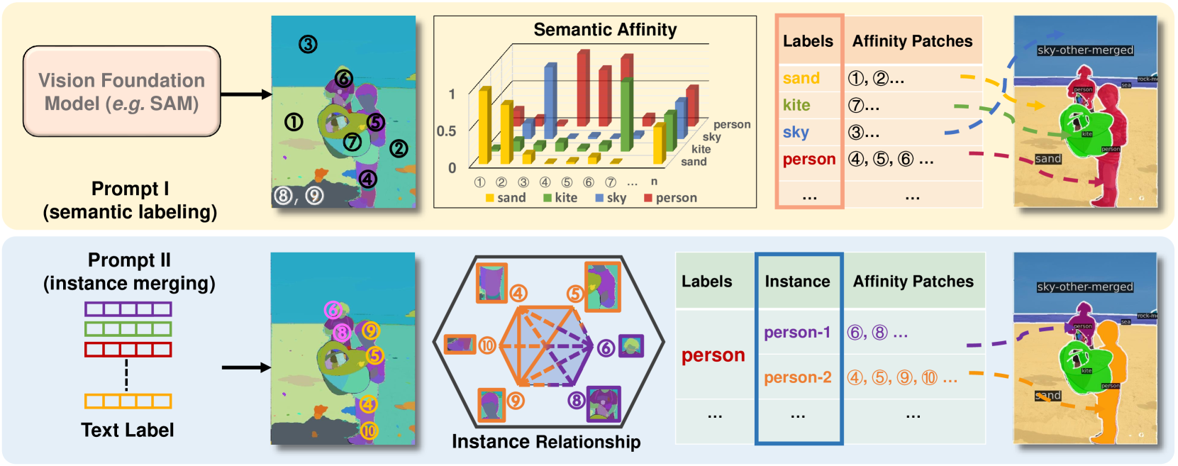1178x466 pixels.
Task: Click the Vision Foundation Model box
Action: coord(121,91)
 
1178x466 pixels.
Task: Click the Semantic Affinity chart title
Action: coord(605,30)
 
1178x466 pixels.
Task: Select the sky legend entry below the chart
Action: coord(611,198)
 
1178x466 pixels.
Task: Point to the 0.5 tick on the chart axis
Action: coord(446,131)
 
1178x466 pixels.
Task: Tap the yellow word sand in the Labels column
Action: coord(801,78)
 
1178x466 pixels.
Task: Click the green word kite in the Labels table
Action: coord(796,105)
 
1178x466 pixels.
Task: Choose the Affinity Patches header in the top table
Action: coord(912,41)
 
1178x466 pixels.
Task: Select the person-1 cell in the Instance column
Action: coord(797,332)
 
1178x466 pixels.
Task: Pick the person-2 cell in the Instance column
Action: coord(797,377)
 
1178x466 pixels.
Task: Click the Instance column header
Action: coord(797,282)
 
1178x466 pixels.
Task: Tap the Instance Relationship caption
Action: coord(546,442)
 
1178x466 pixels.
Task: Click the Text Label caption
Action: coord(128,430)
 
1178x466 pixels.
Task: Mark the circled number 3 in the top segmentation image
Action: coord(307,44)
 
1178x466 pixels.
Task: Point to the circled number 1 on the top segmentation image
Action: coord(294,122)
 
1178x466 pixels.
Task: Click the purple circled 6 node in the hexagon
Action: coord(606,348)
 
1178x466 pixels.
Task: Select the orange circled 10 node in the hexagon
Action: coord(487,345)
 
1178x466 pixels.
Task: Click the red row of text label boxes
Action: coord(128,349)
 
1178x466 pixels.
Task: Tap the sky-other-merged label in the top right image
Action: coord(1085,50)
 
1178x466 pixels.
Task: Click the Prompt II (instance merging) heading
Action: coord(129,272)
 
